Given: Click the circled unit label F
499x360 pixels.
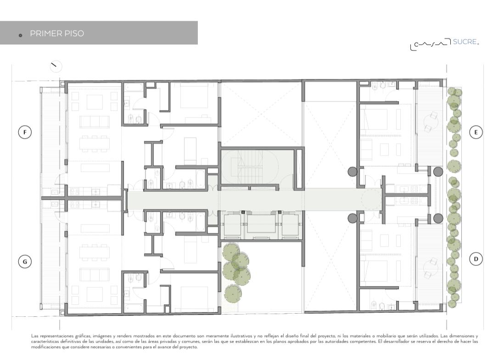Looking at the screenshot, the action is coord(25,132).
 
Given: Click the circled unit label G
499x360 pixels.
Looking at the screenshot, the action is coord(25,262).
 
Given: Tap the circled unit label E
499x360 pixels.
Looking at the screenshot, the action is coord(476,132).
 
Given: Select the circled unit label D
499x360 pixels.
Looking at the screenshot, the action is coord(476,259).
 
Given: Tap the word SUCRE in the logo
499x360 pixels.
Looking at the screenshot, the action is coord(465,42).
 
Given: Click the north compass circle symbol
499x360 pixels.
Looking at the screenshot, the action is coord(56,66).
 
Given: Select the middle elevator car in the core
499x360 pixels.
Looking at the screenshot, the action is coord(261,225).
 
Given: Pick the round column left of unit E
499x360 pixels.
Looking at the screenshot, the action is coord(352,172).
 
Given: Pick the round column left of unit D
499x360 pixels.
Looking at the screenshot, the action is coord(352,219).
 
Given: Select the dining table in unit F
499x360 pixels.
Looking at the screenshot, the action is coord(95,143).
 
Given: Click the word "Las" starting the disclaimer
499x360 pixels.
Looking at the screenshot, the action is coord(34,336).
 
